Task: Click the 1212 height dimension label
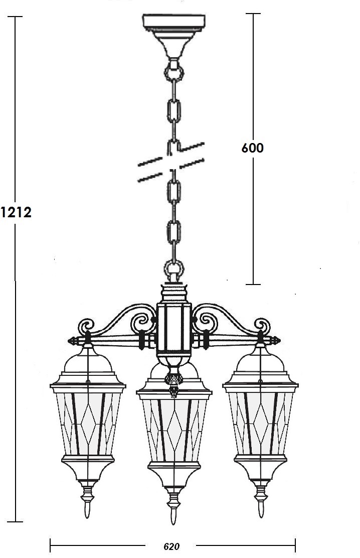point(16,212)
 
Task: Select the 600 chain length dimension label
point(253,148)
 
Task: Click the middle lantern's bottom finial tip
point(173,523)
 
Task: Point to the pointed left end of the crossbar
point(69,341)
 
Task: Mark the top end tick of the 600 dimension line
point(253,14)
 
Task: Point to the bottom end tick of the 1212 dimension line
point(15,522)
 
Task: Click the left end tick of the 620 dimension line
point(51,544)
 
